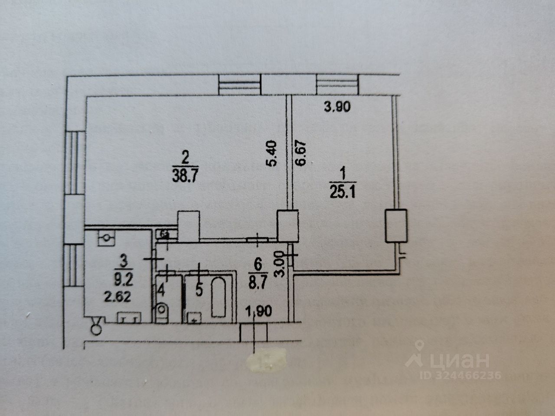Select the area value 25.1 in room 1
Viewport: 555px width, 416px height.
point(343,192)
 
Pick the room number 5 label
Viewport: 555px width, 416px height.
point(199,290)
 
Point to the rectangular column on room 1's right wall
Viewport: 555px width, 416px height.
point(397,226)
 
